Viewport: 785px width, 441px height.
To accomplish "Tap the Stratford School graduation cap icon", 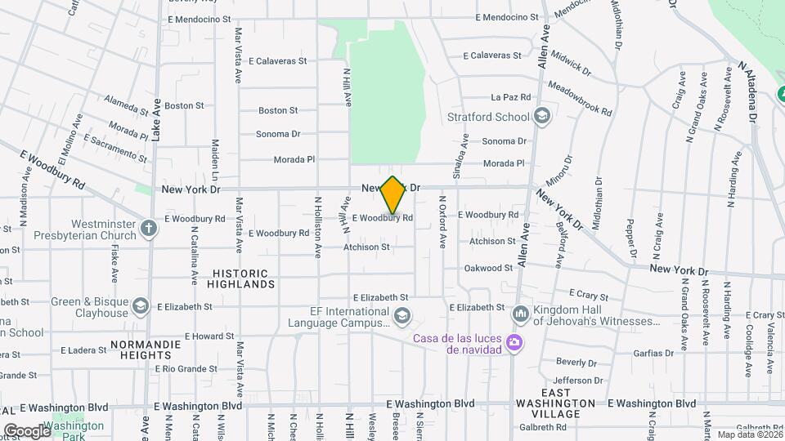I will (x=541, y=117).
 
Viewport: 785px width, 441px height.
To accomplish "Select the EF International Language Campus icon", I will (x=401, y=315).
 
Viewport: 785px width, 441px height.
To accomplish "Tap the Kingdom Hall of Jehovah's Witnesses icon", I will (x=521, y=314).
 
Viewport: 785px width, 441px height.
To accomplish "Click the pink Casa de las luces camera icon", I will (x=514, y=341).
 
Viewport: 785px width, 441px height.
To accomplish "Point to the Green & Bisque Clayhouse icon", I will (x=141, y=306).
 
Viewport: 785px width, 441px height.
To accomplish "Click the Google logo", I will (x=26, y=430).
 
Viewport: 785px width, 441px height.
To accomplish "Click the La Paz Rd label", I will (x=510, y=97).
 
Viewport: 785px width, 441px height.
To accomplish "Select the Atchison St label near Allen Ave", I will (x=492, y=242).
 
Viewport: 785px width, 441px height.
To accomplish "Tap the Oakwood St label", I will (x=488, y=269).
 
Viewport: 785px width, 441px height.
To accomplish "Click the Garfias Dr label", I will (x=653, y=354).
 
